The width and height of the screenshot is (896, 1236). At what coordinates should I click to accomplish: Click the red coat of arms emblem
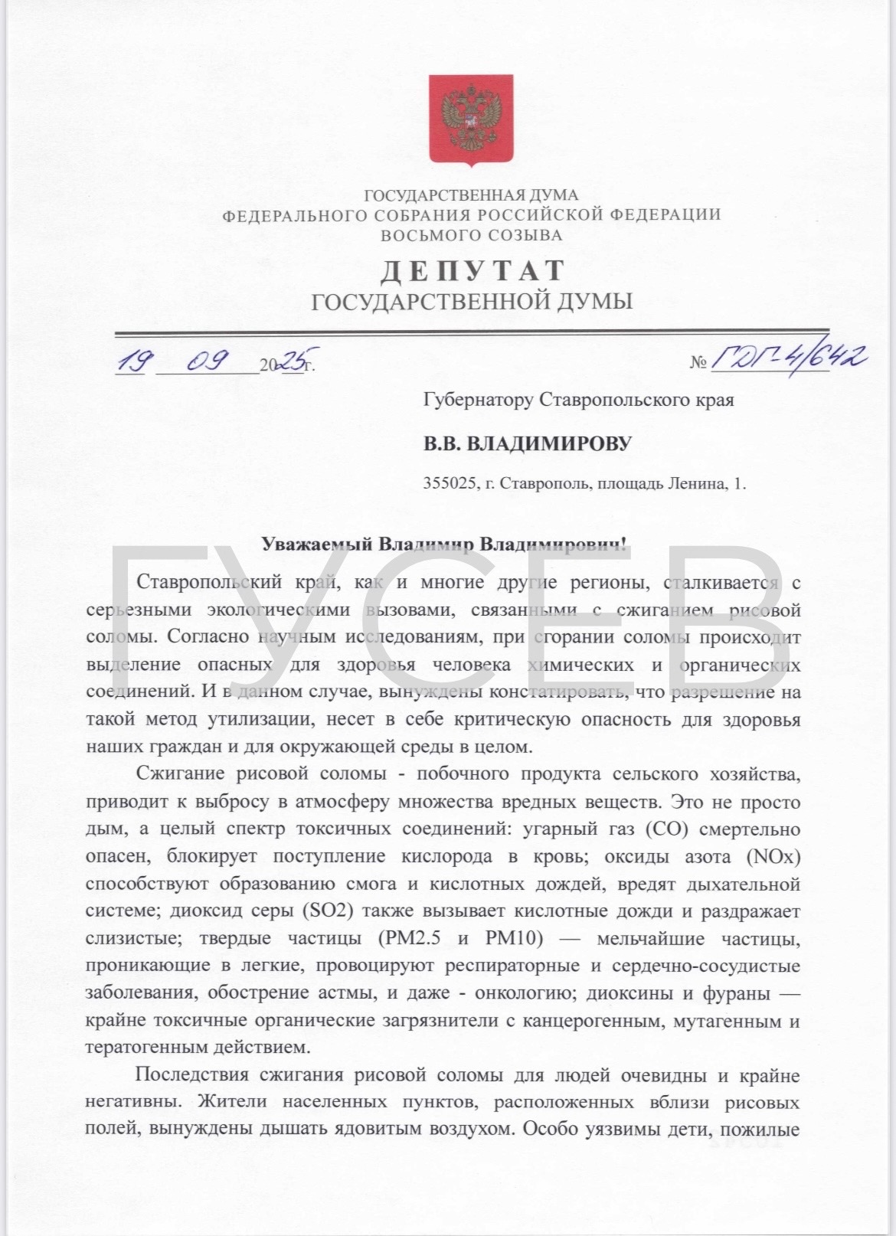coord(469,119)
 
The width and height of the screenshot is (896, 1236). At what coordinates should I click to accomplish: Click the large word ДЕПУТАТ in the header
coord(473,270)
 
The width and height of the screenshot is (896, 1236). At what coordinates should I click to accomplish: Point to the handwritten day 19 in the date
coord(132,360)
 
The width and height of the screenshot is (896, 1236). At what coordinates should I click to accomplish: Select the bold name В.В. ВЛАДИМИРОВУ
coord(528,443)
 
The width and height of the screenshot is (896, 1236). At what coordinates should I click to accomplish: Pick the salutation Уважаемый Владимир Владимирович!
coord(444,544)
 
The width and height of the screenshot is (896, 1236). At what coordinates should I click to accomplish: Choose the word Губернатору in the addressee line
coord(478,400)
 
